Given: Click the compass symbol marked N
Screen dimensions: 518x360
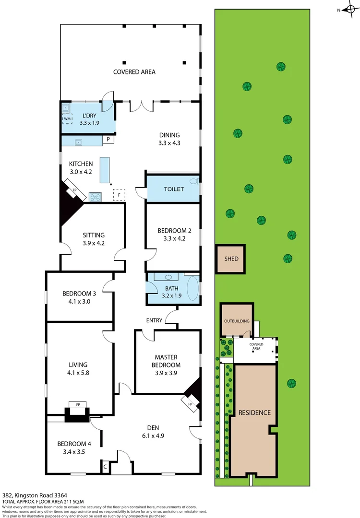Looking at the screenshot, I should (x=349, y=9).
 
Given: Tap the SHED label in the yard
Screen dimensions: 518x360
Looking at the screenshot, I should (x=231, y=259).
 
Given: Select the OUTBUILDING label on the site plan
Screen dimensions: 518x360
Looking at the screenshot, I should (x=237, y=321).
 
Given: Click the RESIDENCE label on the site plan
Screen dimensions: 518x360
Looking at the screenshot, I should (x=254, y=412).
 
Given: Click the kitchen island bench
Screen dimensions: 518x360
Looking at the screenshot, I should (x=105, y=169).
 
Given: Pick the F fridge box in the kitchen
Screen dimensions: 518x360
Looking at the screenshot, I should (x=119, y=195).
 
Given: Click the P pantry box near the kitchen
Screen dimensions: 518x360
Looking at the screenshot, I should (x=109, y=140).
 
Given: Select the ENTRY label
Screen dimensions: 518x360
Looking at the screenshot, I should (x=154, y=320).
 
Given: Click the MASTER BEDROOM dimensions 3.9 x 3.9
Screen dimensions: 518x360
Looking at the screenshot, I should (x=166, y=372).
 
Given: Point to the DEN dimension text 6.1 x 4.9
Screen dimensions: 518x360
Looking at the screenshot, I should (x=153, y=436).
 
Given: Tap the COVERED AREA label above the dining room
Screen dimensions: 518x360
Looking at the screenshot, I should (x=134, y=72).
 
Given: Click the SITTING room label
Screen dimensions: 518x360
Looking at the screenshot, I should (x=93, y=235).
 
